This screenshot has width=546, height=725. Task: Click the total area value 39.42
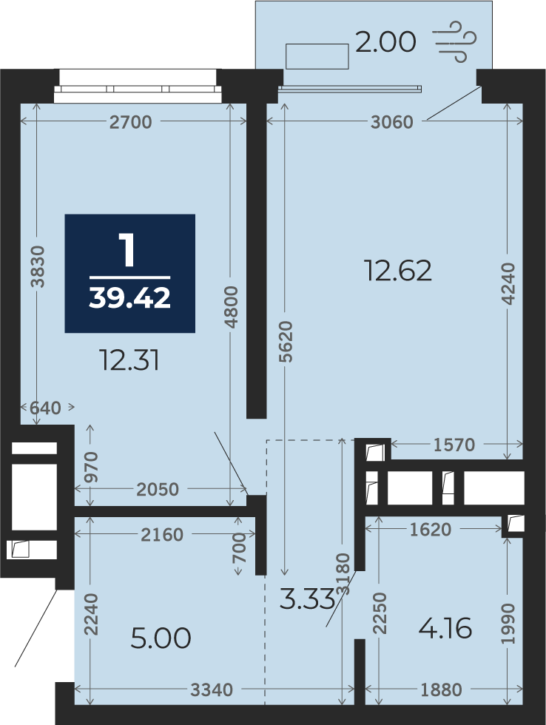[x=130, y=297]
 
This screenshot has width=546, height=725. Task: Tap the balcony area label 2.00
[x=385, y=42]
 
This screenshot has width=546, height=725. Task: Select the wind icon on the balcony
[x=455, y=41]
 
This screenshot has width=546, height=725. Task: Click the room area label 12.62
[x=398, y=271]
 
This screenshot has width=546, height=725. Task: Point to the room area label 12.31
[x=130, y=361]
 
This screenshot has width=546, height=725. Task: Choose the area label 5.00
[x=161, y=638]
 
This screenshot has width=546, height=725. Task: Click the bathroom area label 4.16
[x=445, y=628]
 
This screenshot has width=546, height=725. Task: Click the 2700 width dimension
[x=131, y=122]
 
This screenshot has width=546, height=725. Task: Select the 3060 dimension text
[x=392, y=122]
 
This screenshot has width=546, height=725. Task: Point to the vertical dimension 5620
[x=286, y=342]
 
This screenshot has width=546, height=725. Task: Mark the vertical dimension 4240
[x=508, y=283]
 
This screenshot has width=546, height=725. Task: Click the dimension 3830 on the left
[x=38, y=267]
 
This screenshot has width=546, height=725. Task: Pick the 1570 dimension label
[x=454, y=445]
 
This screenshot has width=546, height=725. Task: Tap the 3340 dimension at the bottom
[x=212, y=689]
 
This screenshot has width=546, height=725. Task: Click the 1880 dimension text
[x=442, y=689]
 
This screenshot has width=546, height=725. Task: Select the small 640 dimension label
[x=45, y=408]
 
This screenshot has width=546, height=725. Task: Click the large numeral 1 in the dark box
[x=127, y=250]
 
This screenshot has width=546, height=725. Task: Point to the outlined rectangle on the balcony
[x=317, y=56]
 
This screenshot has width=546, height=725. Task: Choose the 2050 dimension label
[x=158, y=489]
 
